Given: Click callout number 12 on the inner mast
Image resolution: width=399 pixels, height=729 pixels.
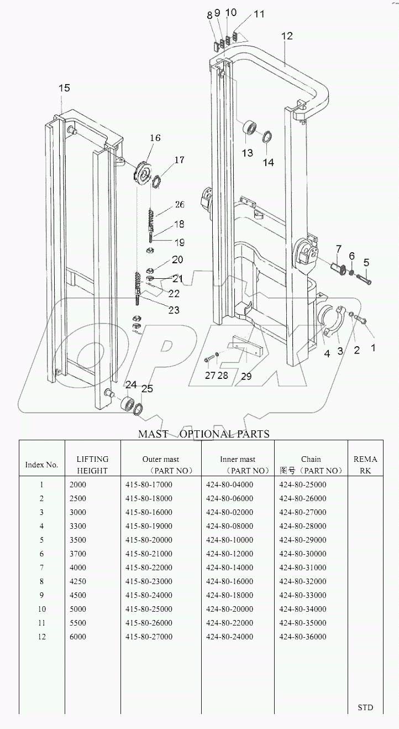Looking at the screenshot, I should click(x=287, y=36).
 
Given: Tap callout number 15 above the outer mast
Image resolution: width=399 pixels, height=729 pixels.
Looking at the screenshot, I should click(x=64, y=88).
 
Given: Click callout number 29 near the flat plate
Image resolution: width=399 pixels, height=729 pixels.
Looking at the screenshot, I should click(x=246, y=376).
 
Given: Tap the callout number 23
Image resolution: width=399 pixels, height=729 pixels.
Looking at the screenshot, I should click(x=174, y=310).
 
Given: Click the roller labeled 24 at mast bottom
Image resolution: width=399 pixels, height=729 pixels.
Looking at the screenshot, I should click(x=129, y=404).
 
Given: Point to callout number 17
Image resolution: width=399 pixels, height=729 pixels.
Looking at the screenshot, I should click(x=180, y=160).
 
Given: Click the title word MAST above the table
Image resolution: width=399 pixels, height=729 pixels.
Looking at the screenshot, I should click(x=153, y=434).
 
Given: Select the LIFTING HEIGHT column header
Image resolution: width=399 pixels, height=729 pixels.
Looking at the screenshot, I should click(x=92, y=465).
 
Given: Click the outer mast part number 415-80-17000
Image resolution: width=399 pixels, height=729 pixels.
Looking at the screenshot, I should click(x=149, y=485).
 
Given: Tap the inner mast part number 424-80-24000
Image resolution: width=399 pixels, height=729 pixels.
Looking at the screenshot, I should click(x=229, y=637).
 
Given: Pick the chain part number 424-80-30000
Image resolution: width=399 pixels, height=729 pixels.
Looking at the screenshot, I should click(x=302, y=554).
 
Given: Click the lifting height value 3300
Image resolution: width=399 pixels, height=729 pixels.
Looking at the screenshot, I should click(x=78, y=526).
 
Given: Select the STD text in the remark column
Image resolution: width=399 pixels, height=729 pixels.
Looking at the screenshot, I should click(x=365, y=707).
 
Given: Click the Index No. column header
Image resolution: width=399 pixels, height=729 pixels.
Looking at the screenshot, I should click(x=42, y=465).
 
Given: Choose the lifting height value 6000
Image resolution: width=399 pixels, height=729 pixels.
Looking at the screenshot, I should click(x=78, y=637).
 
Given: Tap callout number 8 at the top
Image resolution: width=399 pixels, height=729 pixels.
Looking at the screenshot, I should click(x=209, y=15).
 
